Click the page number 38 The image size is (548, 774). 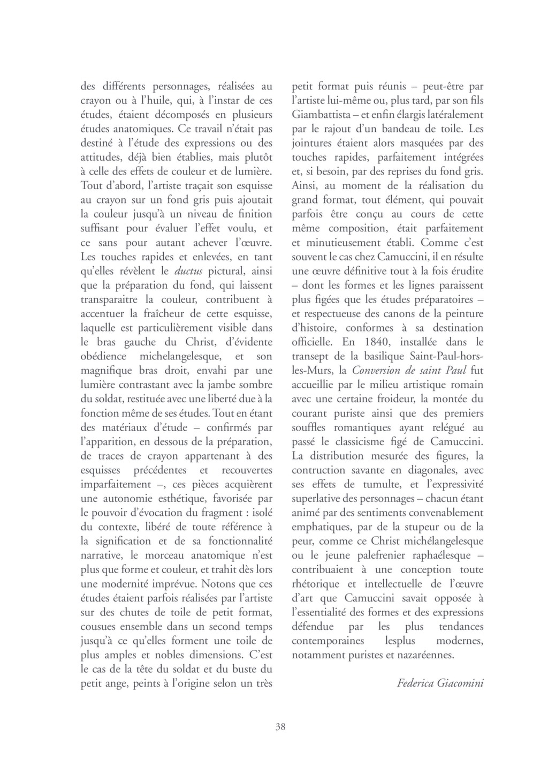tap(280, 727)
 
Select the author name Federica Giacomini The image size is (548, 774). tap(440, 683)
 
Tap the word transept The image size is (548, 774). tap(311, 356)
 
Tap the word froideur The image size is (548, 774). tap(390, 399)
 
